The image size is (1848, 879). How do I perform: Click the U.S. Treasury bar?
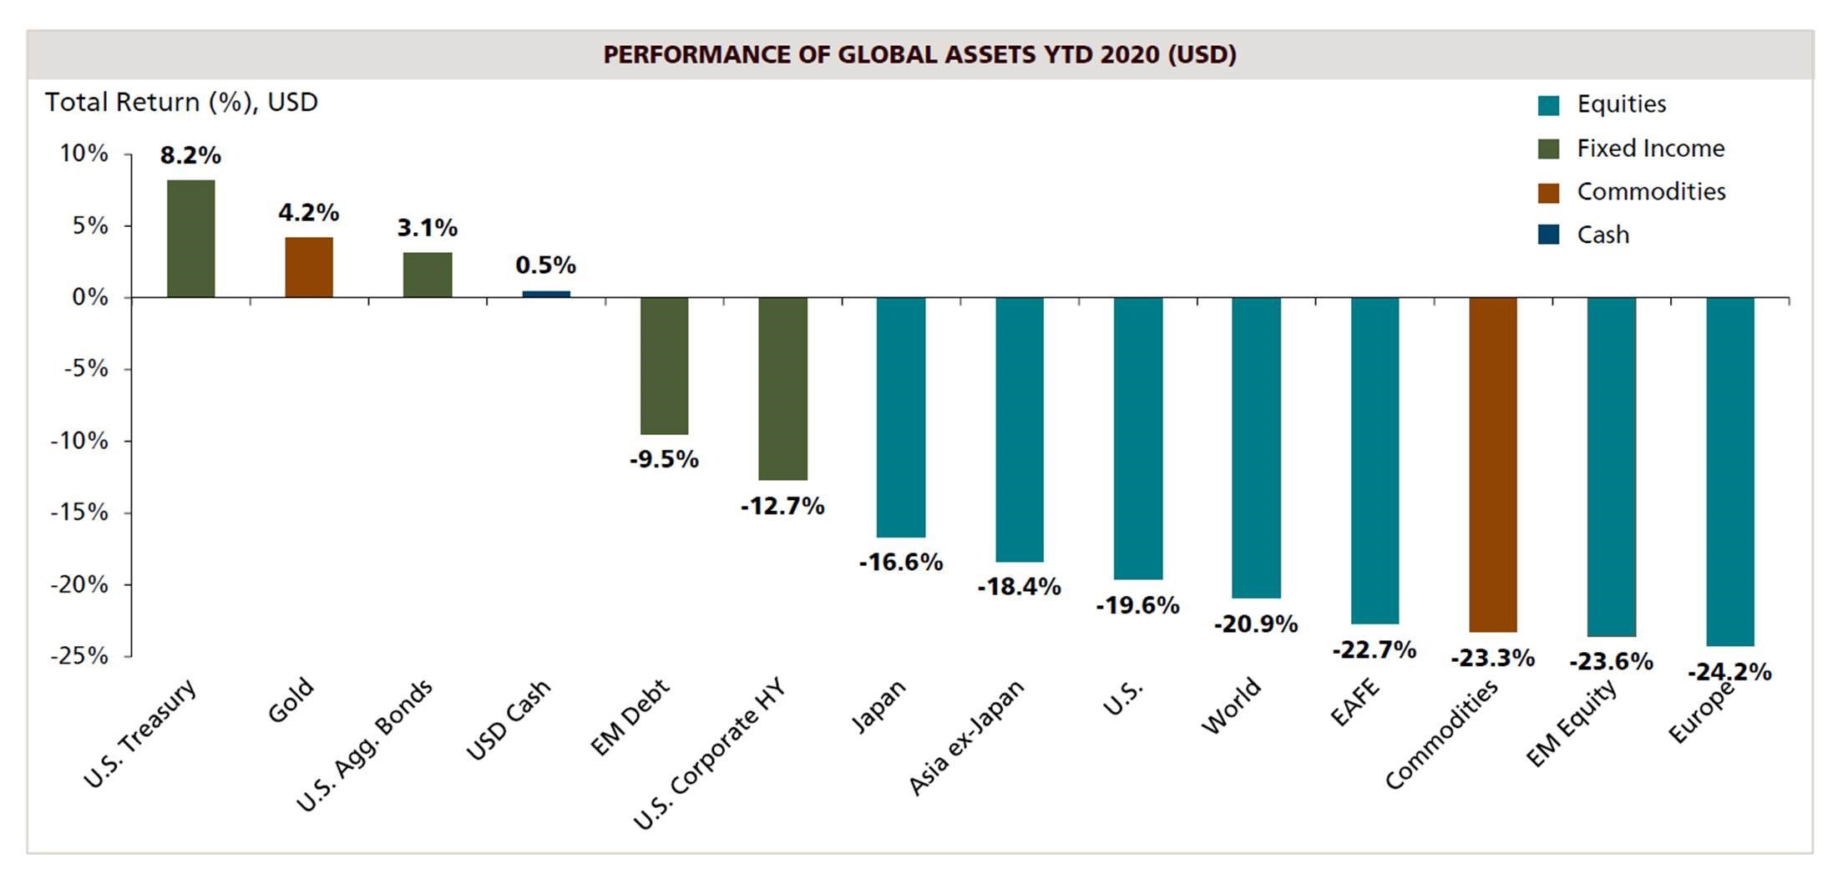pyautogui.click(x=190, y=239)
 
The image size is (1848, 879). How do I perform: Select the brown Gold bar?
pyautogui.click(x=309, y=267)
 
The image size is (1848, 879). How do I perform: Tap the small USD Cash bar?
pyautogui.click(x=546, y=294)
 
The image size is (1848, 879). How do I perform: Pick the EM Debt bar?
pyautogui.click(x=664, y=366)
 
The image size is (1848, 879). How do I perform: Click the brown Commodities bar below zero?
pyautogui.click(x=1493, y=464)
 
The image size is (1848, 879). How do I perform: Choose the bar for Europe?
pyautogui.click(x=1729, y=472)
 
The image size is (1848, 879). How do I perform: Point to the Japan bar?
pyautogui.click(x=901, y=417)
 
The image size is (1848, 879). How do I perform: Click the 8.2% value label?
pyautogui.click(x=190, y=155)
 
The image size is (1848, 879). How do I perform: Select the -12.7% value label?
pyautogui.click(x=782, y=506)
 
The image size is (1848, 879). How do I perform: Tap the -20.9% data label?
pyautogui.click(x=1256, y=624)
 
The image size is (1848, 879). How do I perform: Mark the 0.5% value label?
pyautogui.click(x=546, y=265)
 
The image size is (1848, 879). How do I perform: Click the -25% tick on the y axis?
pyautogui.click(x=79, y=656)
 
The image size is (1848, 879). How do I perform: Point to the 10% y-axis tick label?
pyautogui.click(x=84, y=154)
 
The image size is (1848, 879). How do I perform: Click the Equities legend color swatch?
pyautogui.click(x=1548, y=105)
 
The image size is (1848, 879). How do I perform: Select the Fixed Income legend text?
pyautogui.click(x=1650, y=149)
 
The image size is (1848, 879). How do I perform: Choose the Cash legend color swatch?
pyautogui.click(x=1548, y=235)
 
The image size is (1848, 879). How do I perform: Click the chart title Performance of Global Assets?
pyautogui.click(x=919, y=55)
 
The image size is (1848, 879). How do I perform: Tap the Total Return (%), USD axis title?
pyautogui.click(x=181, y=103)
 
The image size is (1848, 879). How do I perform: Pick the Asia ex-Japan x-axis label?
pyautogui.click(x=966, y=737)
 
